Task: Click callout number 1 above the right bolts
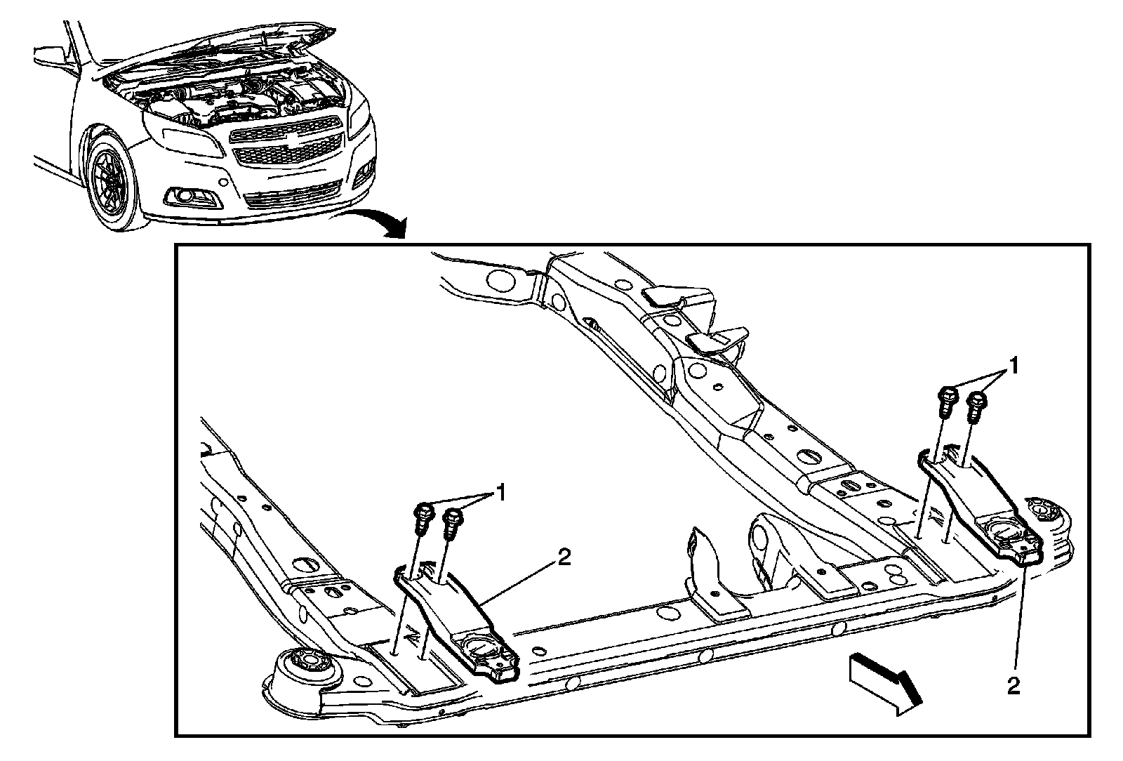pos(1013,366)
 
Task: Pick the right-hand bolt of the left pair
pos(451,523)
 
